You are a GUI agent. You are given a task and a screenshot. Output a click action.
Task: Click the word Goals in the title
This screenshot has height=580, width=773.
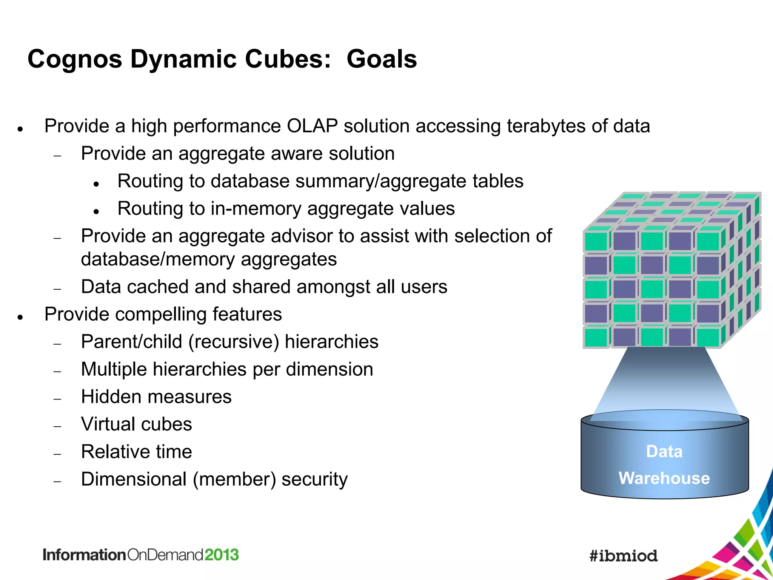point(382,59)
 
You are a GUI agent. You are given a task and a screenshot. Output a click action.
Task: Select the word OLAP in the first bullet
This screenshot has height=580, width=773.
point(312,126)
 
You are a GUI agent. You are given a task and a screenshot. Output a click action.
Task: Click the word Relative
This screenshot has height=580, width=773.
point(113,452)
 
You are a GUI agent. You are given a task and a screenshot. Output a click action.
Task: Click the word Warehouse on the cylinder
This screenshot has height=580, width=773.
point(664,478)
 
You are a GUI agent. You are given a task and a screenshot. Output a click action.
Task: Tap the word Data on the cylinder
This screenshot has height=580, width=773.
point(664,451)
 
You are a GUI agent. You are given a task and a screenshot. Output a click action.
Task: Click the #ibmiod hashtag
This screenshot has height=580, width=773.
point(623,556)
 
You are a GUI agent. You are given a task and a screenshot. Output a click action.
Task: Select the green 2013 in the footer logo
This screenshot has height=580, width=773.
point(222,555)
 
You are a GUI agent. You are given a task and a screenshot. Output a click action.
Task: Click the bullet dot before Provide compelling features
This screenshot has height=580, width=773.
point(21,317)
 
